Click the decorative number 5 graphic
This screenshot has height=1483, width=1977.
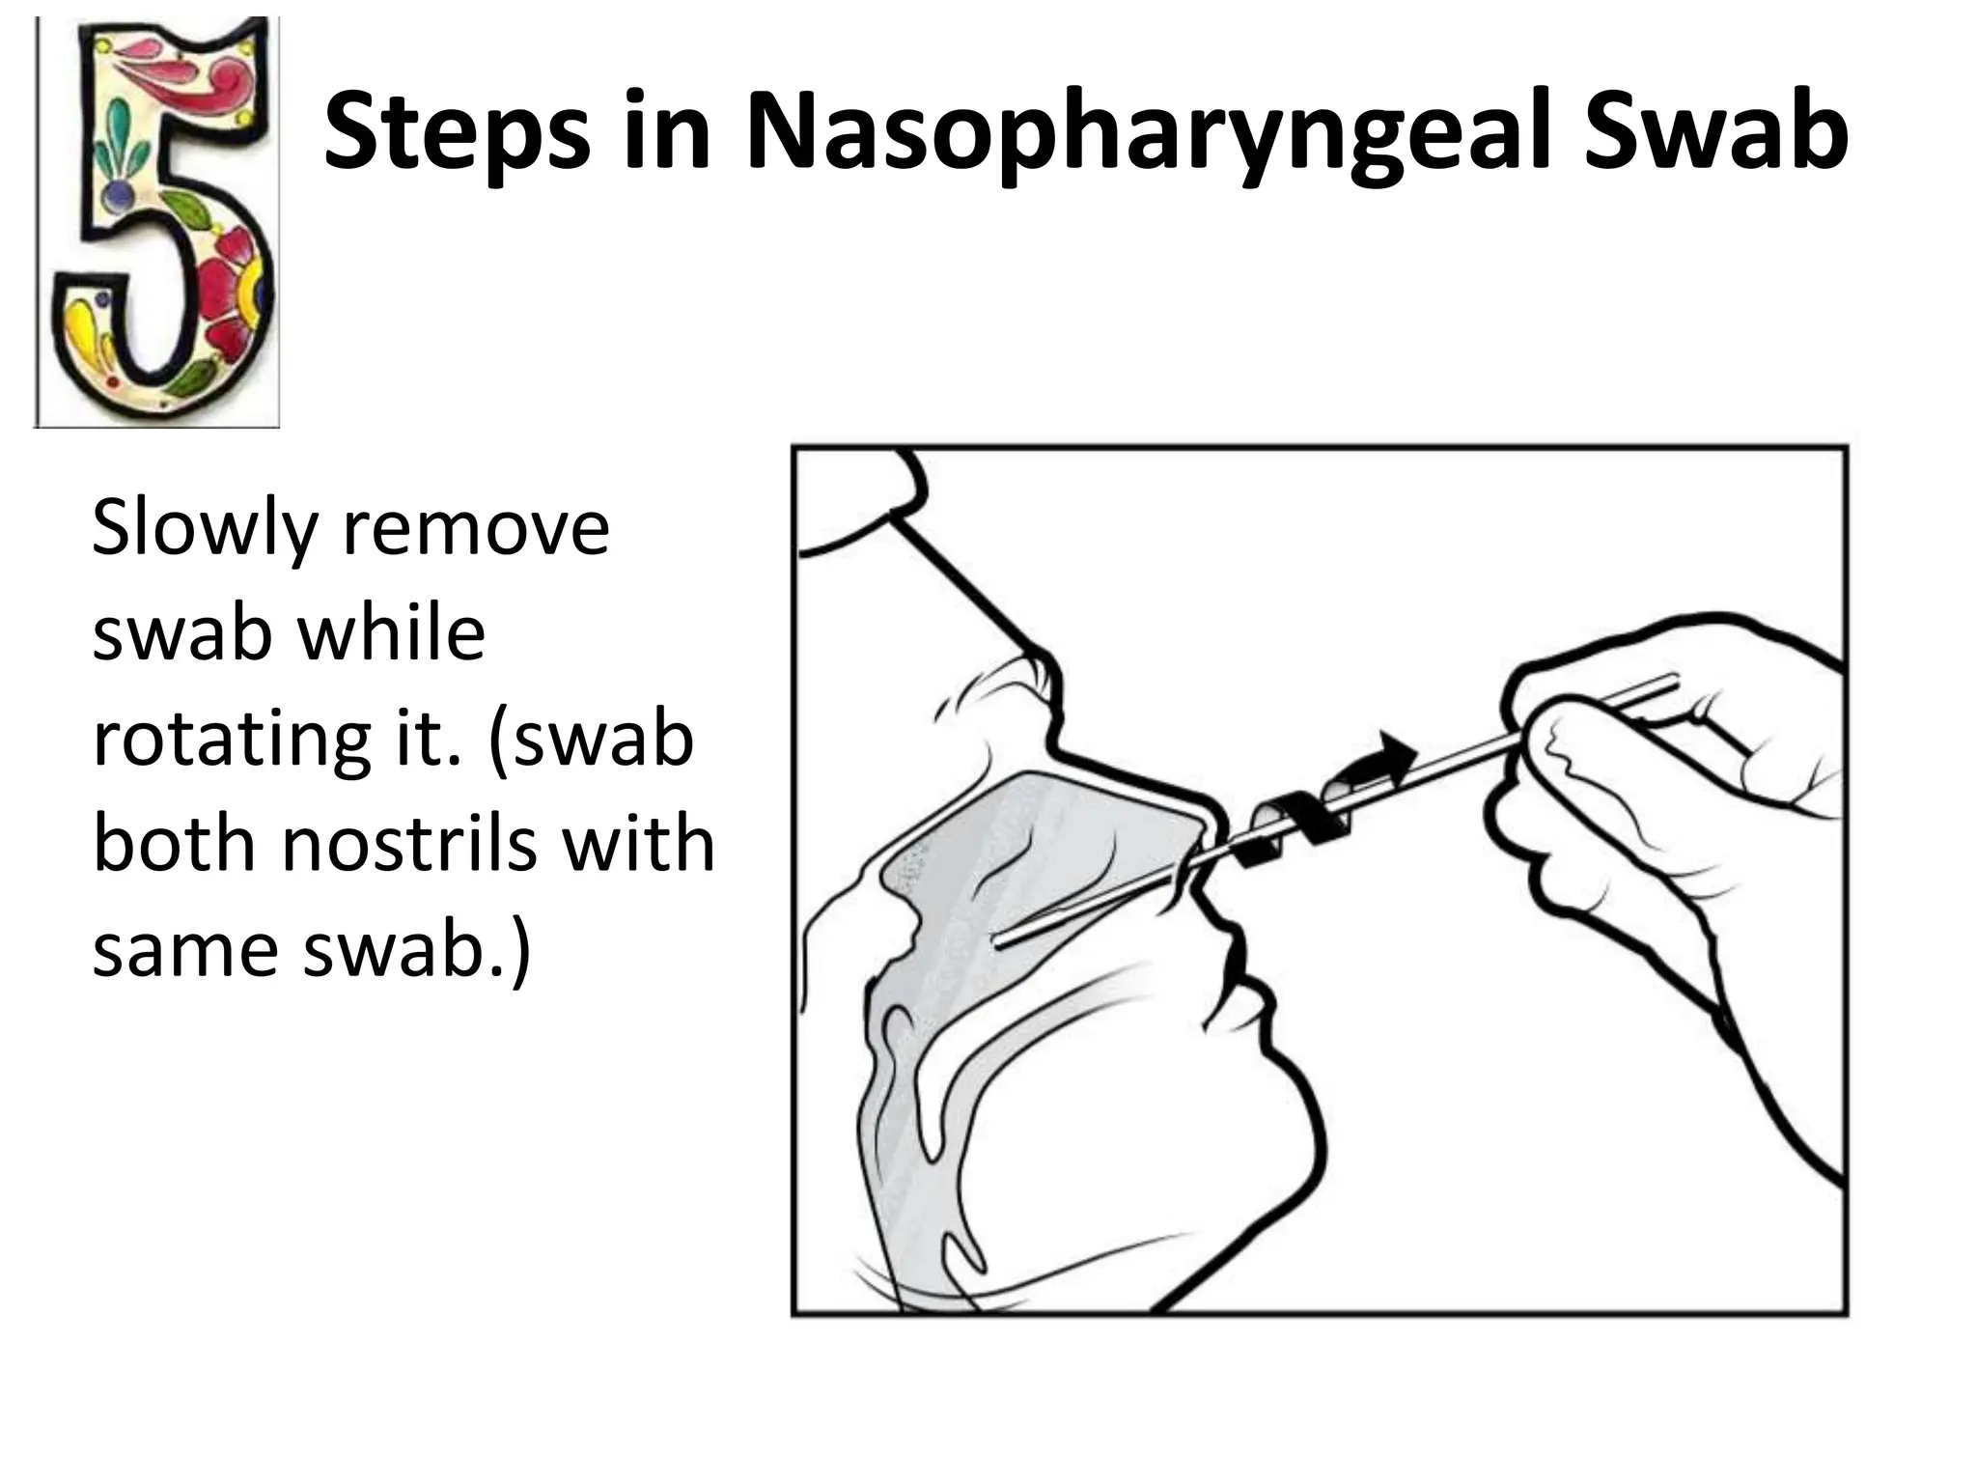coord(157,222)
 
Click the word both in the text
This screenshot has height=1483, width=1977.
coord(175,844)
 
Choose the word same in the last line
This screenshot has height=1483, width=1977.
coord(187,950)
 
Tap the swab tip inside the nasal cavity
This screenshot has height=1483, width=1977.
coord(1004,939)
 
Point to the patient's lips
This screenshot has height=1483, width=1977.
coord(1236,975)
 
